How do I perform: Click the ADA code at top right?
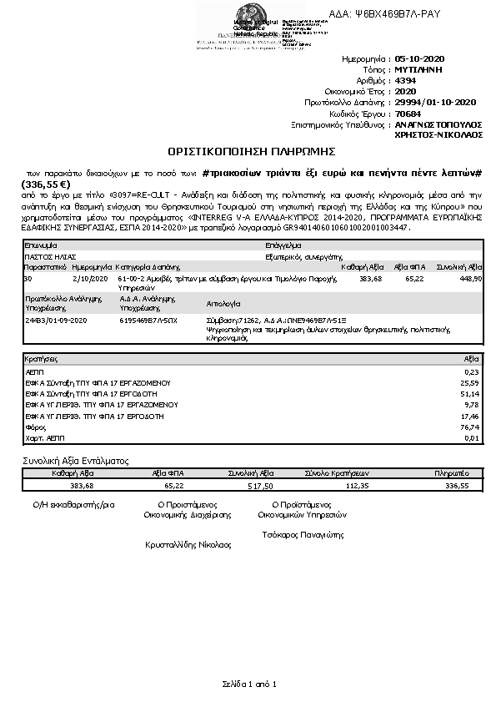click(x=385, y=15)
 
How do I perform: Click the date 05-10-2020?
click(x=421, y=60)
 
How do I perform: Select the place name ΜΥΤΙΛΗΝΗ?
click(x=420, y=71)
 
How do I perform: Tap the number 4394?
click(x=406, y=81)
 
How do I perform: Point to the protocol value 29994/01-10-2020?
click(x=435, y=102)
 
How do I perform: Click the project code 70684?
click(x=408, y=113)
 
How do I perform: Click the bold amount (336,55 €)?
click(x=46, y=184)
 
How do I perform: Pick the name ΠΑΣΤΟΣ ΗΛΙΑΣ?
click(x=50, y=257)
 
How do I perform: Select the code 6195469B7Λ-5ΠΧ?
click(x=148, y=320)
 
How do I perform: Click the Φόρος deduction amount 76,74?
click(x=470, y=425)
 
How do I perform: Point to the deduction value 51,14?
click(x=470, y=392)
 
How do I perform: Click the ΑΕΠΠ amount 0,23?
click(x=472, y=371)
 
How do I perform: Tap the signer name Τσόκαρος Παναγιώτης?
click(x=302, y=535)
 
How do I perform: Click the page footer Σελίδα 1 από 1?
click(x=248, y=684)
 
